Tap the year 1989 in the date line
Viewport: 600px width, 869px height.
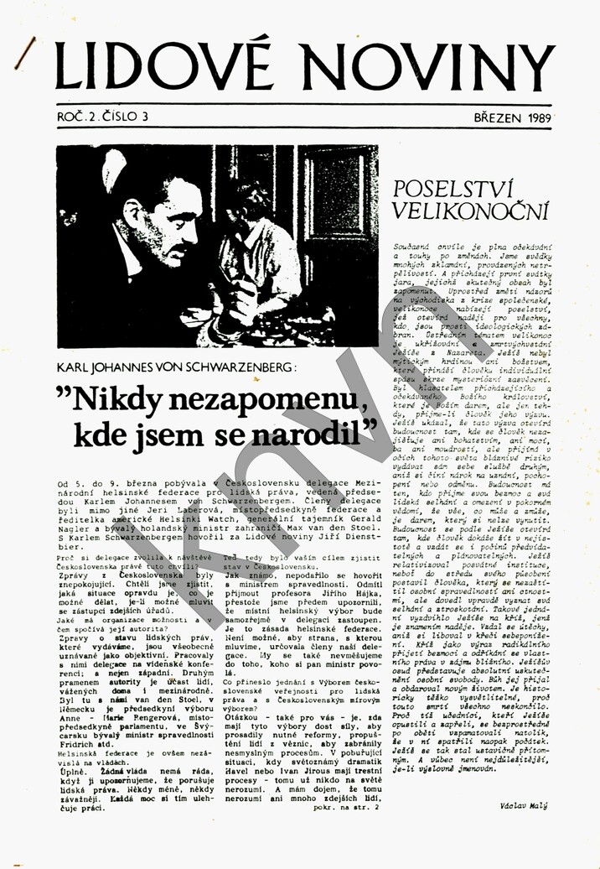pos(534,118)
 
